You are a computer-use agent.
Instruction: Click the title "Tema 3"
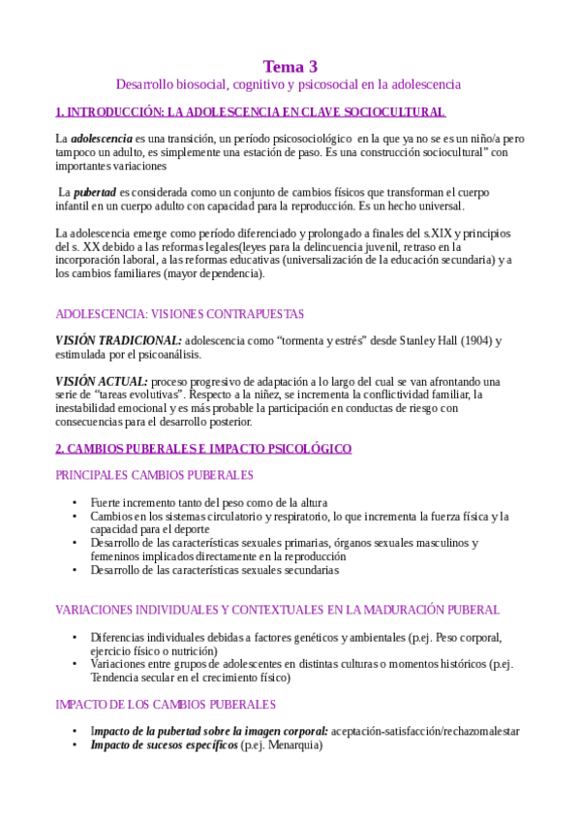(x=290, y=67)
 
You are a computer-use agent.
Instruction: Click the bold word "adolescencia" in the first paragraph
(x=102, y=140)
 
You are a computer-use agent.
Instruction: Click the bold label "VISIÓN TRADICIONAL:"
(x=118, y=341)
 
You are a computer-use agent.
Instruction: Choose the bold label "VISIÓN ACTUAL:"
(x=102, y=382)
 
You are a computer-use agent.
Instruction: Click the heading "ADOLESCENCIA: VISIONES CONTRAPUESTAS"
(x=179, y=314)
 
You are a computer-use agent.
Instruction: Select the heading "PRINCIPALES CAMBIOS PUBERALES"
(x=155, y=475)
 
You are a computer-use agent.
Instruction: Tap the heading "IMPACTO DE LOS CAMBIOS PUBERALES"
(x=166, y=705)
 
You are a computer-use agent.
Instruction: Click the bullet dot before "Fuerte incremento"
(x=76, y=503)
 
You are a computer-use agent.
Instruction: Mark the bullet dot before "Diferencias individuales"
(x=76, y=638)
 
